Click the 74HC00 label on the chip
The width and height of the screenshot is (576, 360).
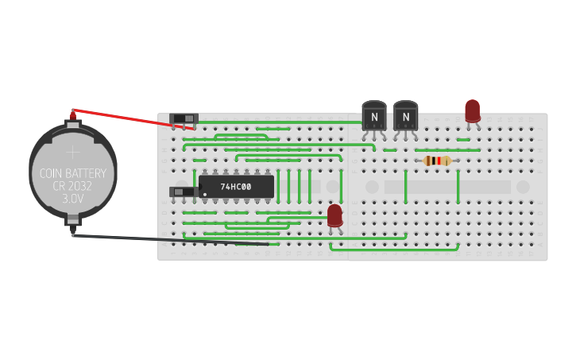click(236, 187)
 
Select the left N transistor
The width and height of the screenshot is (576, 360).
click(374, 117)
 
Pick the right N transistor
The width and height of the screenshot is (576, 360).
click(405, 117)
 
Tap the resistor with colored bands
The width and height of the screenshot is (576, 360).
click(437, 161)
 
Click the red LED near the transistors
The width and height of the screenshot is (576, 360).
click(472, 111)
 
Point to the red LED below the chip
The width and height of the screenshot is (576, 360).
click(334, 215)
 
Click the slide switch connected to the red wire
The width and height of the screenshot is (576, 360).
click(184, 119)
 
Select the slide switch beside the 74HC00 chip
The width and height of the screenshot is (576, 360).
click(184, 192)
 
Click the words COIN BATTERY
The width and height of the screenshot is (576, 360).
click(72, 173)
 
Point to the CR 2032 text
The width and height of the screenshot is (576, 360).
click(72, 187)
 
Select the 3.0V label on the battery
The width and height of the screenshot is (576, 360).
click(72, 199)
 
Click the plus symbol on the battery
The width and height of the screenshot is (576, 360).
click(72, 151)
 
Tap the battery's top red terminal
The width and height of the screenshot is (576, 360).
click(73, 116)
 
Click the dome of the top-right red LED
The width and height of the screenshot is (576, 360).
click(472, 107)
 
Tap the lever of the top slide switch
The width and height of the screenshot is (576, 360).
click(189, 118)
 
